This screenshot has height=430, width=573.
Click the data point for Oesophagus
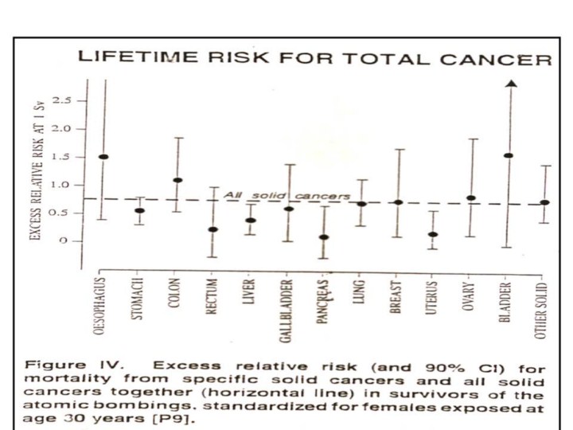(103, 157)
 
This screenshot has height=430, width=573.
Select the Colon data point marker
(178, 181)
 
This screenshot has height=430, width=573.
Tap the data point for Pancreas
(324, 237)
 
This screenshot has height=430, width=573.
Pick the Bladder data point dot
(509, 156)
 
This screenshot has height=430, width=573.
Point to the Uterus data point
(433, 235)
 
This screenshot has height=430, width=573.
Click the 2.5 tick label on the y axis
(63, 101)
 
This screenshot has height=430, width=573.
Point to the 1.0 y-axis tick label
(63, 186)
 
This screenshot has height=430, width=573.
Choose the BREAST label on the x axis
(396, 296)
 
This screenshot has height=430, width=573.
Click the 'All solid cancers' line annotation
(286, 195)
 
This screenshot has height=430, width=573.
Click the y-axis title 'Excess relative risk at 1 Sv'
(36, 171)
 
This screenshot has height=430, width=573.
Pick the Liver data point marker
(251, 221)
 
